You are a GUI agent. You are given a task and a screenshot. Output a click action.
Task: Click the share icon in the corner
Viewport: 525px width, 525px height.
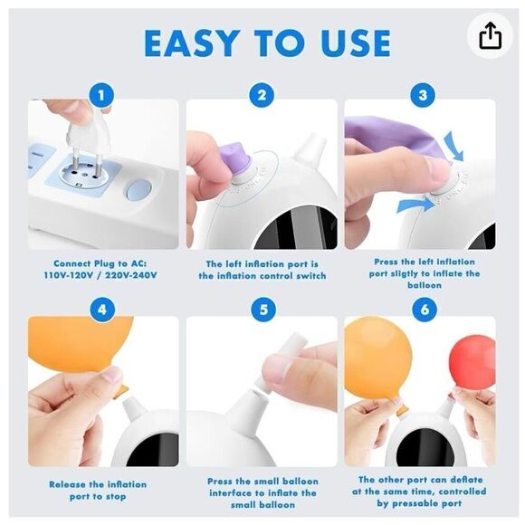[x=491, y=35]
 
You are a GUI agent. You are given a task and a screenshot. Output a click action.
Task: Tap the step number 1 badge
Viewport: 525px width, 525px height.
[x=101, y=95]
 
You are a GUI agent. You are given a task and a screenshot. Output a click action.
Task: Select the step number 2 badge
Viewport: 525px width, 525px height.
[x=262, y=95]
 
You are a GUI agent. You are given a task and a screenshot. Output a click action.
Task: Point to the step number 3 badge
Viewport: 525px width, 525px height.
[x=423, y=95]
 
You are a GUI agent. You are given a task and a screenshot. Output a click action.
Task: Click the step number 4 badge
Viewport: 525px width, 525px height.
[x=102, y=310]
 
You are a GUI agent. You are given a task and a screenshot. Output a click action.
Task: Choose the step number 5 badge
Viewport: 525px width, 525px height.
[x=263, y=310]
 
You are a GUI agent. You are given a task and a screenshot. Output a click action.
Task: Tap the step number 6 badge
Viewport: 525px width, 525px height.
[x=425, y=310]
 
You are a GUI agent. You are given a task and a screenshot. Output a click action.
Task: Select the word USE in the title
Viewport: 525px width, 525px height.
[x=355, y=43]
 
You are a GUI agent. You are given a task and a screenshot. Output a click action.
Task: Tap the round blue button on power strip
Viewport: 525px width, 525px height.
[x=138, y=189]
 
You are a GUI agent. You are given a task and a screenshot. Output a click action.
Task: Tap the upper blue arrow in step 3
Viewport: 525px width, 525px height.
[x=454, y=147]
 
